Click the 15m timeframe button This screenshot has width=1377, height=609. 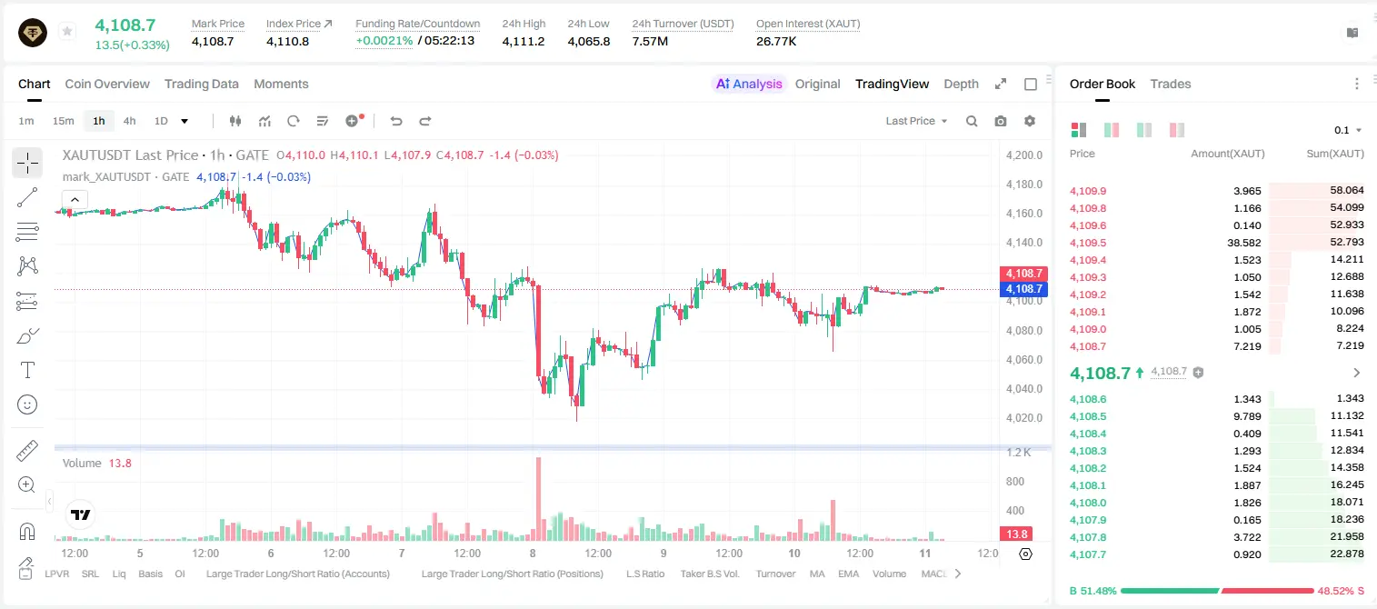click(64, 121)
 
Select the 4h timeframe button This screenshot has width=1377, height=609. click(129, 121)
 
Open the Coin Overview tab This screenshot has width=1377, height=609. click(107, 84)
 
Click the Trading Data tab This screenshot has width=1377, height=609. click(202, 84)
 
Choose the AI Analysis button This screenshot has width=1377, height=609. click(749, 84)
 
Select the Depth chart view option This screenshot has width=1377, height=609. click(961, 84)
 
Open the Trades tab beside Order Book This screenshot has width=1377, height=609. click(1171, 84)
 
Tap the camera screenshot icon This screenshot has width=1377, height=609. click(1001, 121)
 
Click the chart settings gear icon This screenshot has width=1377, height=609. click(1030, 121)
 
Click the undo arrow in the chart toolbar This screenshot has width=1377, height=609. click(396, 121)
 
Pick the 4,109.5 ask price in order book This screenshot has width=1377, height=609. click(1088, 243)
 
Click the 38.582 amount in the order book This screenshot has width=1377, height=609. click(1244, 243)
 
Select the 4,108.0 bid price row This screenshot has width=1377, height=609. click(1088, 503)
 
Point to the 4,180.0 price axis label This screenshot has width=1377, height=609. click(1024, 185)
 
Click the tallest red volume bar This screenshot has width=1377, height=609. click(538, 499)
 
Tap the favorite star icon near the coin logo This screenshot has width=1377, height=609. click(67, 31)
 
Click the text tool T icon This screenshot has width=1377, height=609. click(27, 370)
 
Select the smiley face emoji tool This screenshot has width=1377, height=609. click(27, 404)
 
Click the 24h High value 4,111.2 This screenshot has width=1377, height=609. click(524, 41)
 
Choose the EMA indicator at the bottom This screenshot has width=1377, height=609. click(848, 574)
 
